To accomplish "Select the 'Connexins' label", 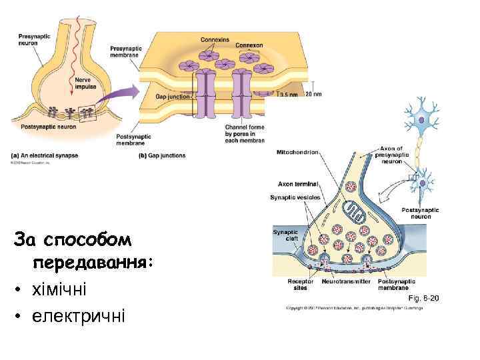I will (x=215, y=40).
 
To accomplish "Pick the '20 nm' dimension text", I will (x=313, y=95).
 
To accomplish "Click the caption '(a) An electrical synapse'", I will (x=45, y=155).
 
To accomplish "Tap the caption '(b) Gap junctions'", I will (x=162, y=155).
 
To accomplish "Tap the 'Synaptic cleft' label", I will (x=287, y=235).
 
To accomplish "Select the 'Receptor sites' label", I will (x=300, y=285).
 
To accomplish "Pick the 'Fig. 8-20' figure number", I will (x=423, y=298).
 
